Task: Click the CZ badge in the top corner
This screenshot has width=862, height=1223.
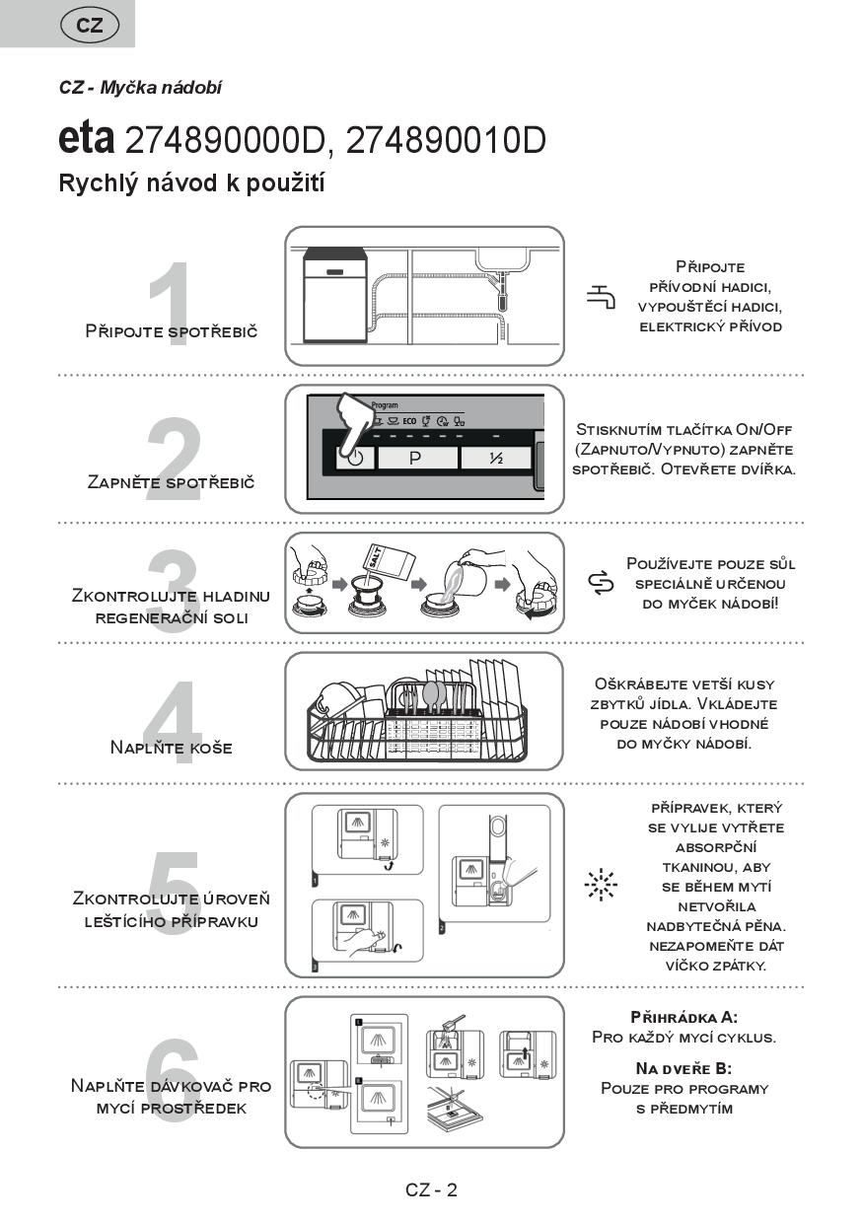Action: (89, 26)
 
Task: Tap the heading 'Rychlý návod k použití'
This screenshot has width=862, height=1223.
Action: (191, 183)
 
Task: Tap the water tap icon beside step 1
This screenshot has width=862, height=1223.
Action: (601, 296)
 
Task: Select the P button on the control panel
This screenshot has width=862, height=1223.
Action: (415, 458)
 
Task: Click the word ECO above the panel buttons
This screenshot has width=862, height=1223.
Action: (409, 420)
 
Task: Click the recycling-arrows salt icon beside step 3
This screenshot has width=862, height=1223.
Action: (601, 584)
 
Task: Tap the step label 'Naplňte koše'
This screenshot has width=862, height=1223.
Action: (172, 748)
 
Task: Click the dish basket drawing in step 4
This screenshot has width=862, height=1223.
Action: (418, 713)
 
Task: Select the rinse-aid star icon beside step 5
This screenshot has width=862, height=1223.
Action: (600, 885)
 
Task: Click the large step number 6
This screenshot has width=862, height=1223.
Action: (173, 1072)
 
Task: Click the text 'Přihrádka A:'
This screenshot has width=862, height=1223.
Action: (683, 1017)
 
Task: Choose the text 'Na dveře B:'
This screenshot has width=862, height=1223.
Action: (683, 1068)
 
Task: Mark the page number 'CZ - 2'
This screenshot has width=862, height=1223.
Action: (431, 1189)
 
